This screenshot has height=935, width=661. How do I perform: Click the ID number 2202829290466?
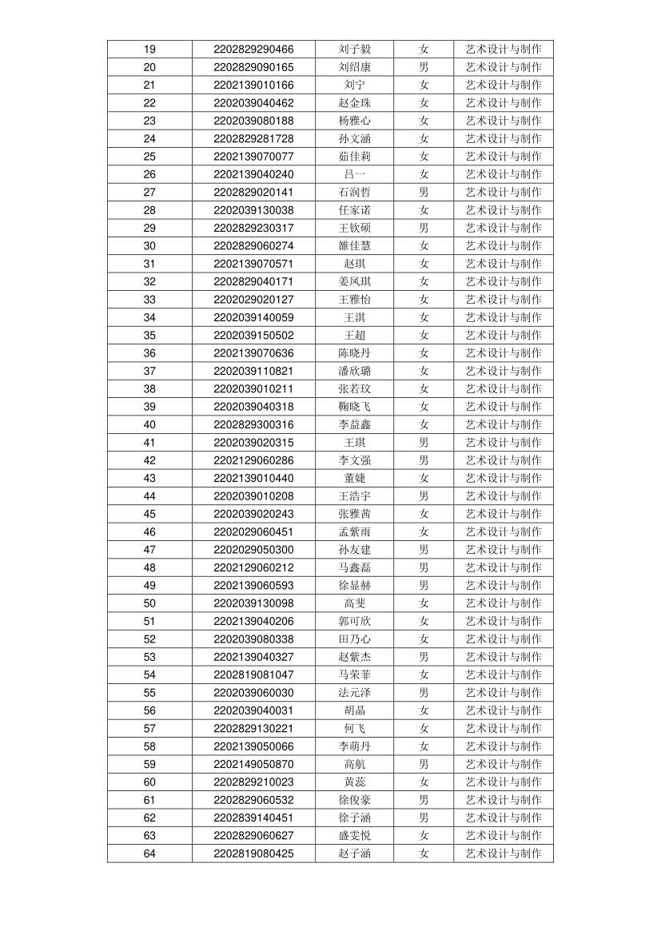[x=253, y=50]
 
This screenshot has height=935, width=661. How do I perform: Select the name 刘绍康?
[x=354, y=67]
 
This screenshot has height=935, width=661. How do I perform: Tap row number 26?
[x=149, y=174]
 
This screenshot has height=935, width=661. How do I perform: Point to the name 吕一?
[x=354, y=174]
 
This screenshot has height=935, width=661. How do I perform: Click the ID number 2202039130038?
[x=253, y=210]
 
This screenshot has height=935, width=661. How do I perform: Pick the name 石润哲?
[x=354, y=193]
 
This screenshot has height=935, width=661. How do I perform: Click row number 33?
[x=149, y=300]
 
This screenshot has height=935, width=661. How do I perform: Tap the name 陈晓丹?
[x=354, y=353]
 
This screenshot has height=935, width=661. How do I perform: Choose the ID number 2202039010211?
[x=253, y=389]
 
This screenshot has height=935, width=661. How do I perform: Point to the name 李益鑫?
[x=354, y=424]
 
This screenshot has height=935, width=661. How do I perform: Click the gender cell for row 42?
[x=424, y=460]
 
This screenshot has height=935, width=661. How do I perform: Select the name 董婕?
[x=354, y=478]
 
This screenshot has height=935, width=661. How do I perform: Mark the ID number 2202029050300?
[x=253, y=550]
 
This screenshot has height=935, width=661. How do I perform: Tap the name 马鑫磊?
[x=354, y=567]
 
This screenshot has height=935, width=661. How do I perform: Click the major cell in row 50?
[x=504, y=603]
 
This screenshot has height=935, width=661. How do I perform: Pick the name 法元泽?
[x=354, y=693]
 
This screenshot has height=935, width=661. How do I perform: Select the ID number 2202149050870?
[x=253, y=764]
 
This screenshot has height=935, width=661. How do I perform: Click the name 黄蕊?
[x=354, y=782]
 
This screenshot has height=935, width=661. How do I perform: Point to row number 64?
[x=149, y=853]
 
